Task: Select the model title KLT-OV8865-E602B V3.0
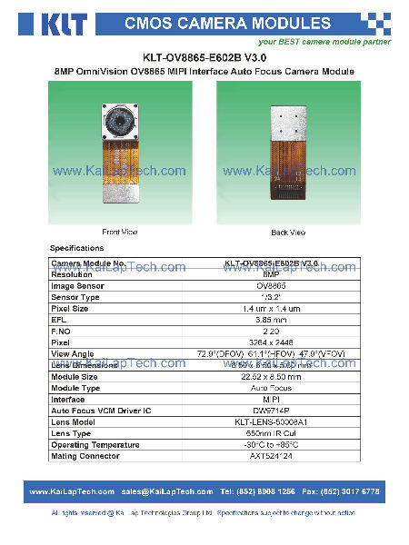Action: (x=204, y=56)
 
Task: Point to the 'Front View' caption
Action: (x=119, y=233)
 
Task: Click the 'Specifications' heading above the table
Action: (x=76, y=248)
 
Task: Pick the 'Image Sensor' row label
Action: (x=78, y=286)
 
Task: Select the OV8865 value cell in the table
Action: (x=270, y=286)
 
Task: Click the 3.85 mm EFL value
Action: (x=270, y=320)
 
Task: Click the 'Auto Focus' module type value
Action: (x=270, y=388)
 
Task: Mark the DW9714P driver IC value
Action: (x=270, y=411)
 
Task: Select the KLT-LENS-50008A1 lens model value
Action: (x=270, y=422)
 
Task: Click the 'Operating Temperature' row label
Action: (x=95, y=445)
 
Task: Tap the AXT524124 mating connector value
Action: (x=270, y=456)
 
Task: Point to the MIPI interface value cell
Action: (x=270, y=399)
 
